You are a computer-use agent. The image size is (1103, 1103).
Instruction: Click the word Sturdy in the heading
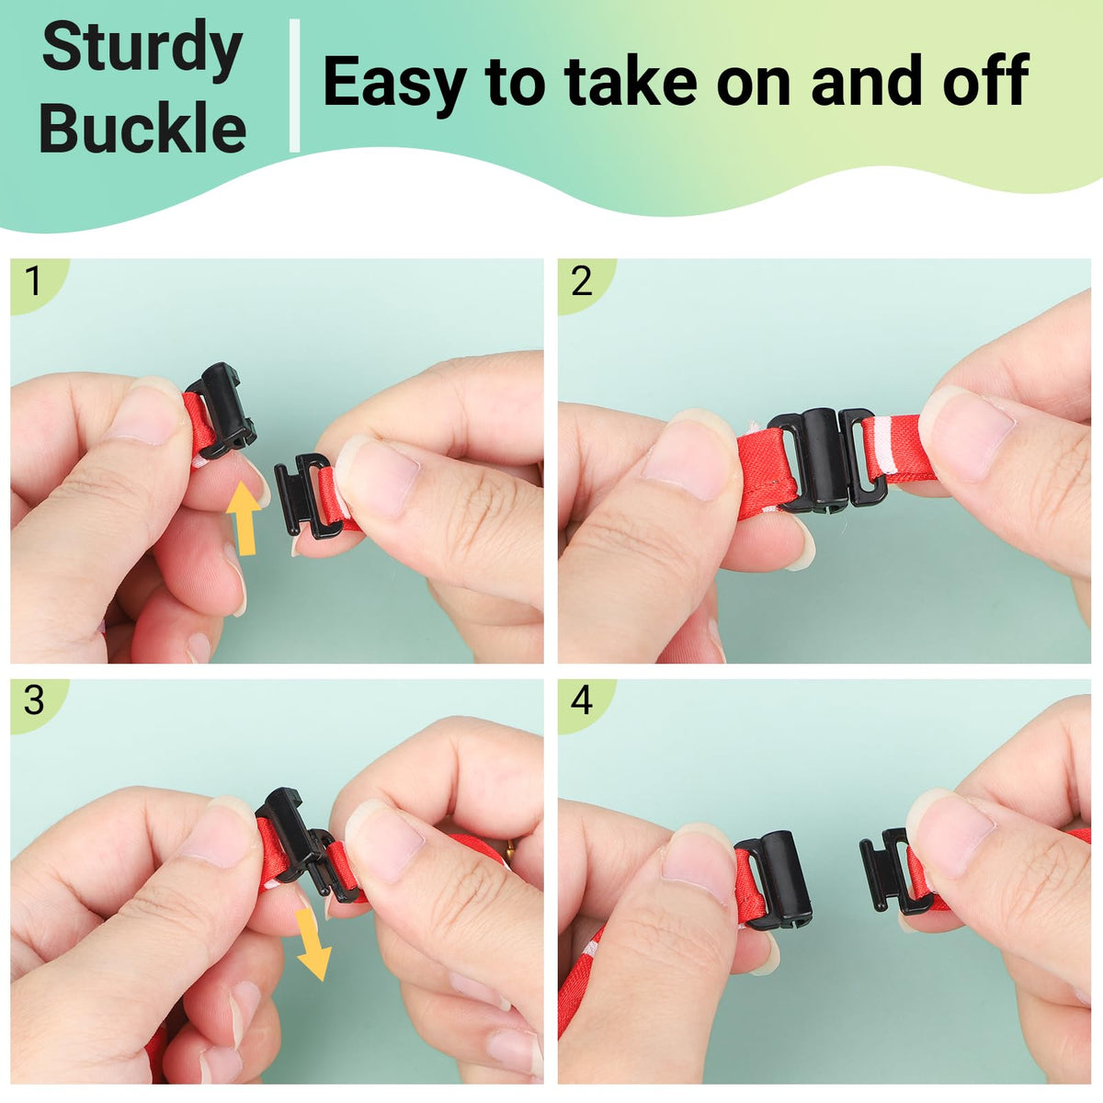pyautogui.click(x=142, y=51)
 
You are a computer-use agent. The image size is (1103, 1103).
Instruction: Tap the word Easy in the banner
pyautogui.click(x=393, y=82)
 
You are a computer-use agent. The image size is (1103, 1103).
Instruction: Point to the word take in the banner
pyautogui.click(x=631, y=80)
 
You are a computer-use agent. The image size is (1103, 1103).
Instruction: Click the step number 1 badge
pyautogui.click(x=36, y=282)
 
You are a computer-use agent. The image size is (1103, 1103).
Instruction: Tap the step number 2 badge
pyautogui.click(x=583, y=282)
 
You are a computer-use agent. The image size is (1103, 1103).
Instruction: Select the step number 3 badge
pyautogui.click(x=36, y=700)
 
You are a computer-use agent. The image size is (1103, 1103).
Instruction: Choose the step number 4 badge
pyautogui.click(x=583, y=700)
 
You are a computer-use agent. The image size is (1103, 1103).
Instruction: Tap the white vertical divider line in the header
pyautogui.click(x=294, y=85)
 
